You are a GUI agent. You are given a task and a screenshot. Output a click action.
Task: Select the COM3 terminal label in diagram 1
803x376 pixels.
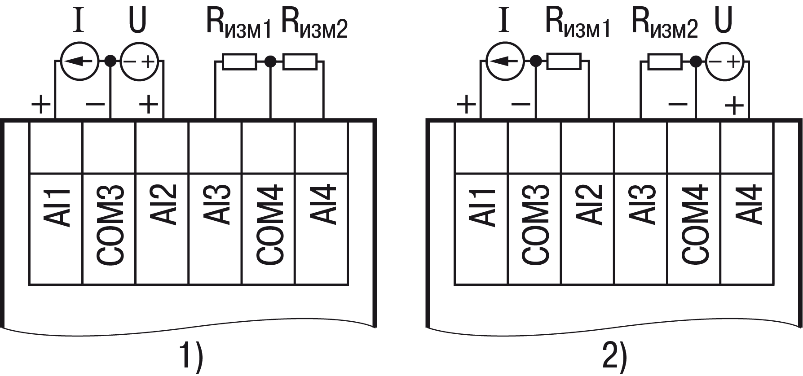110,224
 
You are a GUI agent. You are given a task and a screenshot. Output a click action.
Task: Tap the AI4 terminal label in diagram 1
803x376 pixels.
323,204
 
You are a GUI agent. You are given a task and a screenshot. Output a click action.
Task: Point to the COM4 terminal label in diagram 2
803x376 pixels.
695,224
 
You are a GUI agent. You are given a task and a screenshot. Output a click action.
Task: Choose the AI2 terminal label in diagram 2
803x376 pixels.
589,204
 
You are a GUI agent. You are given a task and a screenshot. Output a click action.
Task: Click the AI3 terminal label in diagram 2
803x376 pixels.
642,204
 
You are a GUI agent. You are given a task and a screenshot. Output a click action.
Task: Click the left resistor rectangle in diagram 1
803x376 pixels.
240,62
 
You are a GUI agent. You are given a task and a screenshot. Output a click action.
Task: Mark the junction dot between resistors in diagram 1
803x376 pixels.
270,61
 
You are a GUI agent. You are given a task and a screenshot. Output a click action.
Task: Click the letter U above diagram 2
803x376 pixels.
723,20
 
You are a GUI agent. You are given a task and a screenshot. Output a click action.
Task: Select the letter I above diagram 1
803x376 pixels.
79,21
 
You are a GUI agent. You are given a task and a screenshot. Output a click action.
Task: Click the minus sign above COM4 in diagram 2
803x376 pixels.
678,105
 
